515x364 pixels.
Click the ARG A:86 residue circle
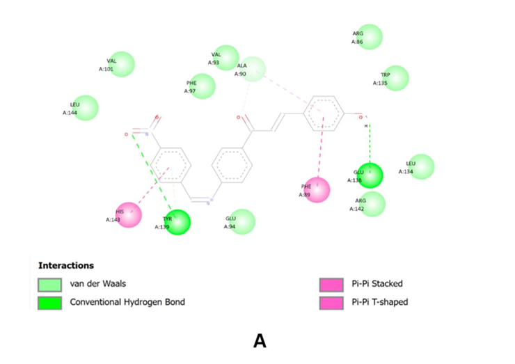pos(370,37)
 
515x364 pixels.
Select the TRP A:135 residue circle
pos(396,78)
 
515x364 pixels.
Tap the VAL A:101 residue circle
pos(122,65)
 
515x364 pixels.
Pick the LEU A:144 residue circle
pos(86,108)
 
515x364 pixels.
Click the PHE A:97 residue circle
pos(203,86)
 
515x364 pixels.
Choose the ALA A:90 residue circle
pos(253,69)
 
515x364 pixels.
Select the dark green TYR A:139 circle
pos(177,222)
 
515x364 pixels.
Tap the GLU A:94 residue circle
pos(242,221)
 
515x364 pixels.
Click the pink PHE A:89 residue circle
pos(317,190)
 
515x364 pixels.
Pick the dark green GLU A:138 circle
pos(370,175)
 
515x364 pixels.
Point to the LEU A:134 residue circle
pos(421,167)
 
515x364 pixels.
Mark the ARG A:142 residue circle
pos(372,203)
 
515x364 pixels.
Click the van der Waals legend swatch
pos(49,284)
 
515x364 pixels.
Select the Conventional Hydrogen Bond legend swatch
pos(49,303)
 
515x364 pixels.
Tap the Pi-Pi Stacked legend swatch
pos(331,284)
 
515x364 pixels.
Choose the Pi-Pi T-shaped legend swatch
pos(331,303)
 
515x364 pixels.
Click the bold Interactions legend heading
pos(65,265)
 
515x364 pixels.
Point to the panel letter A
pos(260,340)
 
